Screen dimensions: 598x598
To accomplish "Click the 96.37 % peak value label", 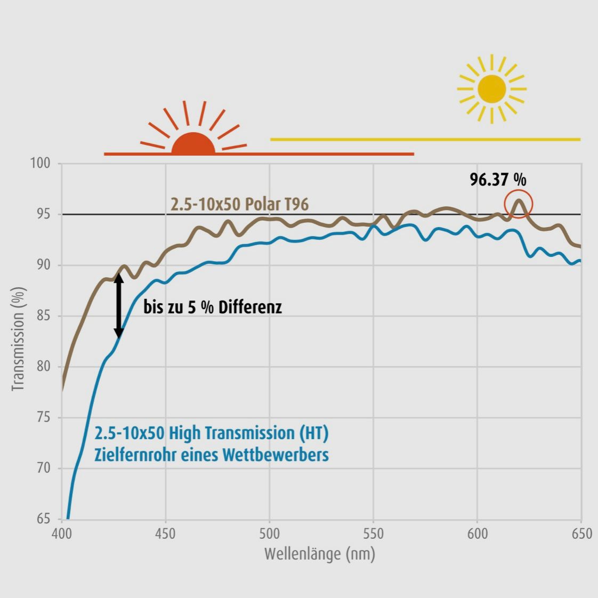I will (498, 180).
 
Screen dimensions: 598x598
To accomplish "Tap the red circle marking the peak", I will (519, 204).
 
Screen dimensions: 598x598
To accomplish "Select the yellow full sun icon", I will (492, 89).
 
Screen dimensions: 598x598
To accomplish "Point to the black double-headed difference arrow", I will (119, 306).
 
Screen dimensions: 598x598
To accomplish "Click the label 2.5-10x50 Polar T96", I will (239, 204).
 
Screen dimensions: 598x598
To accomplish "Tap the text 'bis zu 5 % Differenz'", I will (213, 307).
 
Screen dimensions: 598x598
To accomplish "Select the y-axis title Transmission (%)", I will (19, 339).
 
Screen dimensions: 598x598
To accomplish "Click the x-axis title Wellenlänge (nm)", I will (320, 554).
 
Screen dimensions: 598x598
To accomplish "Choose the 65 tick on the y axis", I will (43, 519).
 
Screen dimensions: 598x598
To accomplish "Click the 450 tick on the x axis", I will (166, 534).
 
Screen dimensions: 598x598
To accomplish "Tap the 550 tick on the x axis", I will (373, 534).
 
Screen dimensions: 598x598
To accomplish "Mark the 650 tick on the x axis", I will (581, 534).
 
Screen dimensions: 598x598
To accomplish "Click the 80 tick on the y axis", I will (43, 367).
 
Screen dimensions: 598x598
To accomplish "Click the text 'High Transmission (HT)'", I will (249, 433).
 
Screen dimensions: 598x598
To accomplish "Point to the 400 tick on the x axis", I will (62, 534).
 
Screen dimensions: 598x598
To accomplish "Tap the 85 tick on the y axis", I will (43, 316).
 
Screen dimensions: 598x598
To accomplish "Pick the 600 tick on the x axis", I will (477, 534).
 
